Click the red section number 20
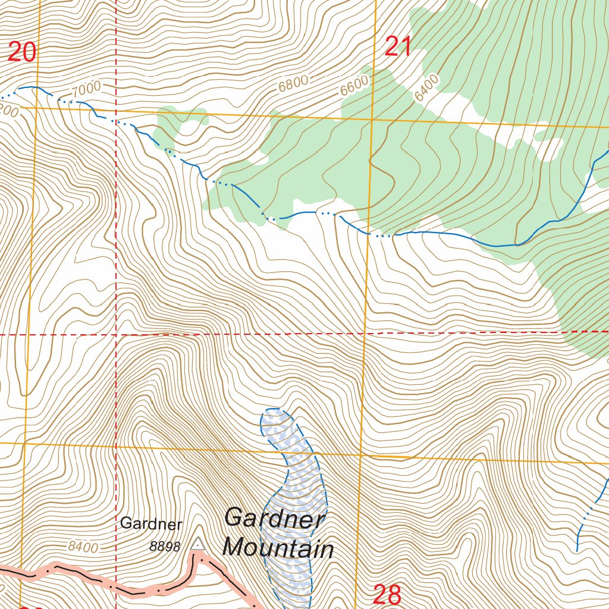pyautogui.click(x=22, y=52)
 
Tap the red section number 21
pyautogui.click(x=398, y=46)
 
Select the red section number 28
pyautogui.click(x=387, y=595)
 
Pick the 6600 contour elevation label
pyautogui.click(x=355, y=86)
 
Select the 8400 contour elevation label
pyautogui.click(x=83, y=547)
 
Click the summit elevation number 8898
pyautogui.click(x=165, y=547)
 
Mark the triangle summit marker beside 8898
pyautogui.click(x=197, y=544)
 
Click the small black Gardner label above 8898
pyautogui.click(x=150, y=524)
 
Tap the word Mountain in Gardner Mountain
pyautogui.click(x=278, y=547)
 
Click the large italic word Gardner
pyautogui.click(x=275, y=517)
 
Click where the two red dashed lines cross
pyautogui.click(x=116, y=334)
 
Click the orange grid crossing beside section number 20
pyautogui.click(x=35, y=107)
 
